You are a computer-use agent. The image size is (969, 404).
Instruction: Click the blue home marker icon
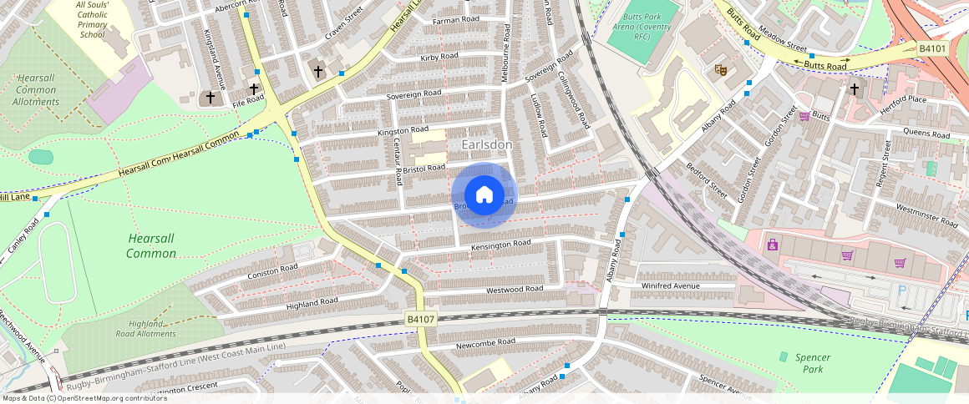(484, 195)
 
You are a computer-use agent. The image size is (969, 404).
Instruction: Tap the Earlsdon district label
(486, 145)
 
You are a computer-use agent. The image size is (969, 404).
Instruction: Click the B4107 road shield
(420, 320)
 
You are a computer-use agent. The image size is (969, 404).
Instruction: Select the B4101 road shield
(931, 49)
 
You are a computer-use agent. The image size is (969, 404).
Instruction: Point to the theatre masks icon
(720, 70)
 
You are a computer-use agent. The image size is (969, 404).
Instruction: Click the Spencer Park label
(808, 362)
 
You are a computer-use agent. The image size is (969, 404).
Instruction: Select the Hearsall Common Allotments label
(36, 89)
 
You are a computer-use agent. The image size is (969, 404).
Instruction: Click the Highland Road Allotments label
(152, 329)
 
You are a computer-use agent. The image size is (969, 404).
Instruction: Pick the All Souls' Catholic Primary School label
(92, 20)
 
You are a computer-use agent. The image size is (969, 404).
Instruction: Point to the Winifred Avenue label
(669, 285)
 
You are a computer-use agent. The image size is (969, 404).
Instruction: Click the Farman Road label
(456, 19)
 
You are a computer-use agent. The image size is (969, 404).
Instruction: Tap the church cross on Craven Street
(317, 71)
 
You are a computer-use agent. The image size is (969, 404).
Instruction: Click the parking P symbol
(902, 291)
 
